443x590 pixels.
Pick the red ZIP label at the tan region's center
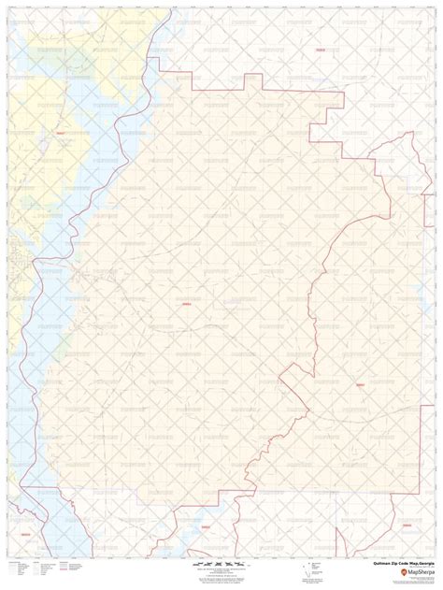185,302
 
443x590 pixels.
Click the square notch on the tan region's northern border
253,78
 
